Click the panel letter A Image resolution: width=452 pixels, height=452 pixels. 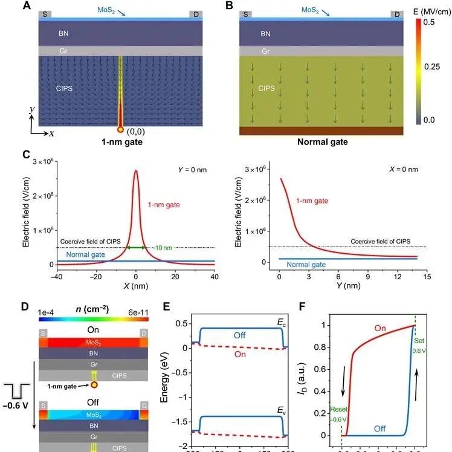[x=28, y=5]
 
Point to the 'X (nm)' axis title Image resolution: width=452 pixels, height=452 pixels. [x=135, y=288]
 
